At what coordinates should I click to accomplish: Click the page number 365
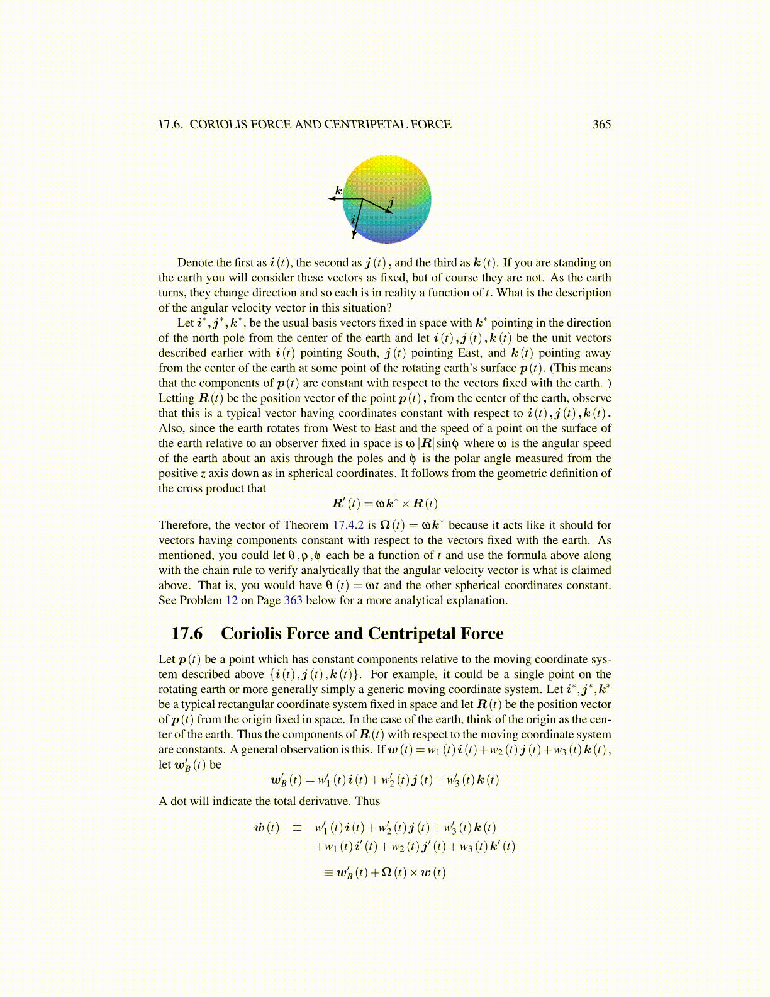[601, 124]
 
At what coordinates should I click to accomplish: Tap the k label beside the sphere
[338, 190]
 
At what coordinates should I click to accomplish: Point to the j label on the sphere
[391, 201]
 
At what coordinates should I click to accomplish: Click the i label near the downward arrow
[354, 220]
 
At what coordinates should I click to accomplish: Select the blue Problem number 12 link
[232, 600]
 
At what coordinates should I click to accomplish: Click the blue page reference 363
[293, 600]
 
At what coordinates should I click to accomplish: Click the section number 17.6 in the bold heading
[187, 633]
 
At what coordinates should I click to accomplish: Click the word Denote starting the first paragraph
[196, 262]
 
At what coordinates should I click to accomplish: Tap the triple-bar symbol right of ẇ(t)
[298, 828]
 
